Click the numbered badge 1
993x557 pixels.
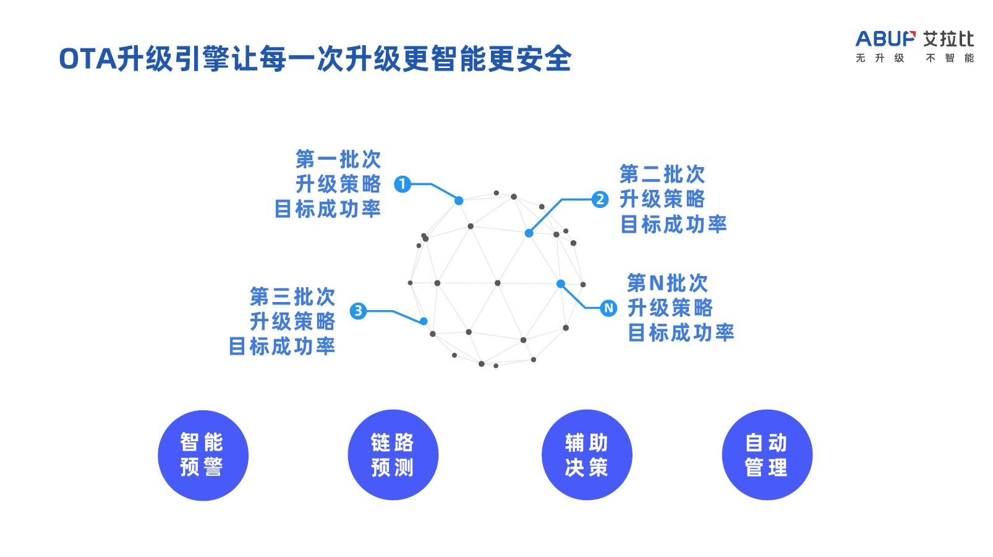click(403, 184)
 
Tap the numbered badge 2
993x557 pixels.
click(600, 199)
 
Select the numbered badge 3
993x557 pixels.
click(358, 311)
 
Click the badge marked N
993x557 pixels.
click(609, 308)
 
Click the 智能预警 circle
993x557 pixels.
click(203, 455)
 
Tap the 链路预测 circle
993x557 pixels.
click(393, 455)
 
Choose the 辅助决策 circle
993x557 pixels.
click(587, 455)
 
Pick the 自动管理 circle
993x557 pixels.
click(767, 455)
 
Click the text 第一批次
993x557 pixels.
click(338, 160)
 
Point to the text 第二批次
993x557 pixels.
click(662, 175)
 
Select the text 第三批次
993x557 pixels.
click(292, 297)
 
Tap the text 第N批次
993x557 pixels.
click(667, 283)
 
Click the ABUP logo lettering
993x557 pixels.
click(885, 39)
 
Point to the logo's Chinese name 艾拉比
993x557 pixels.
click(948, 39)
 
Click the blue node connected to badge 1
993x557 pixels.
click(459, 201)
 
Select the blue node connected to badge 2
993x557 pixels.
click(529, 233)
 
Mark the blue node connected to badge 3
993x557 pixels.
click(424, 321)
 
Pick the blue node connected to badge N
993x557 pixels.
click(561, 284)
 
